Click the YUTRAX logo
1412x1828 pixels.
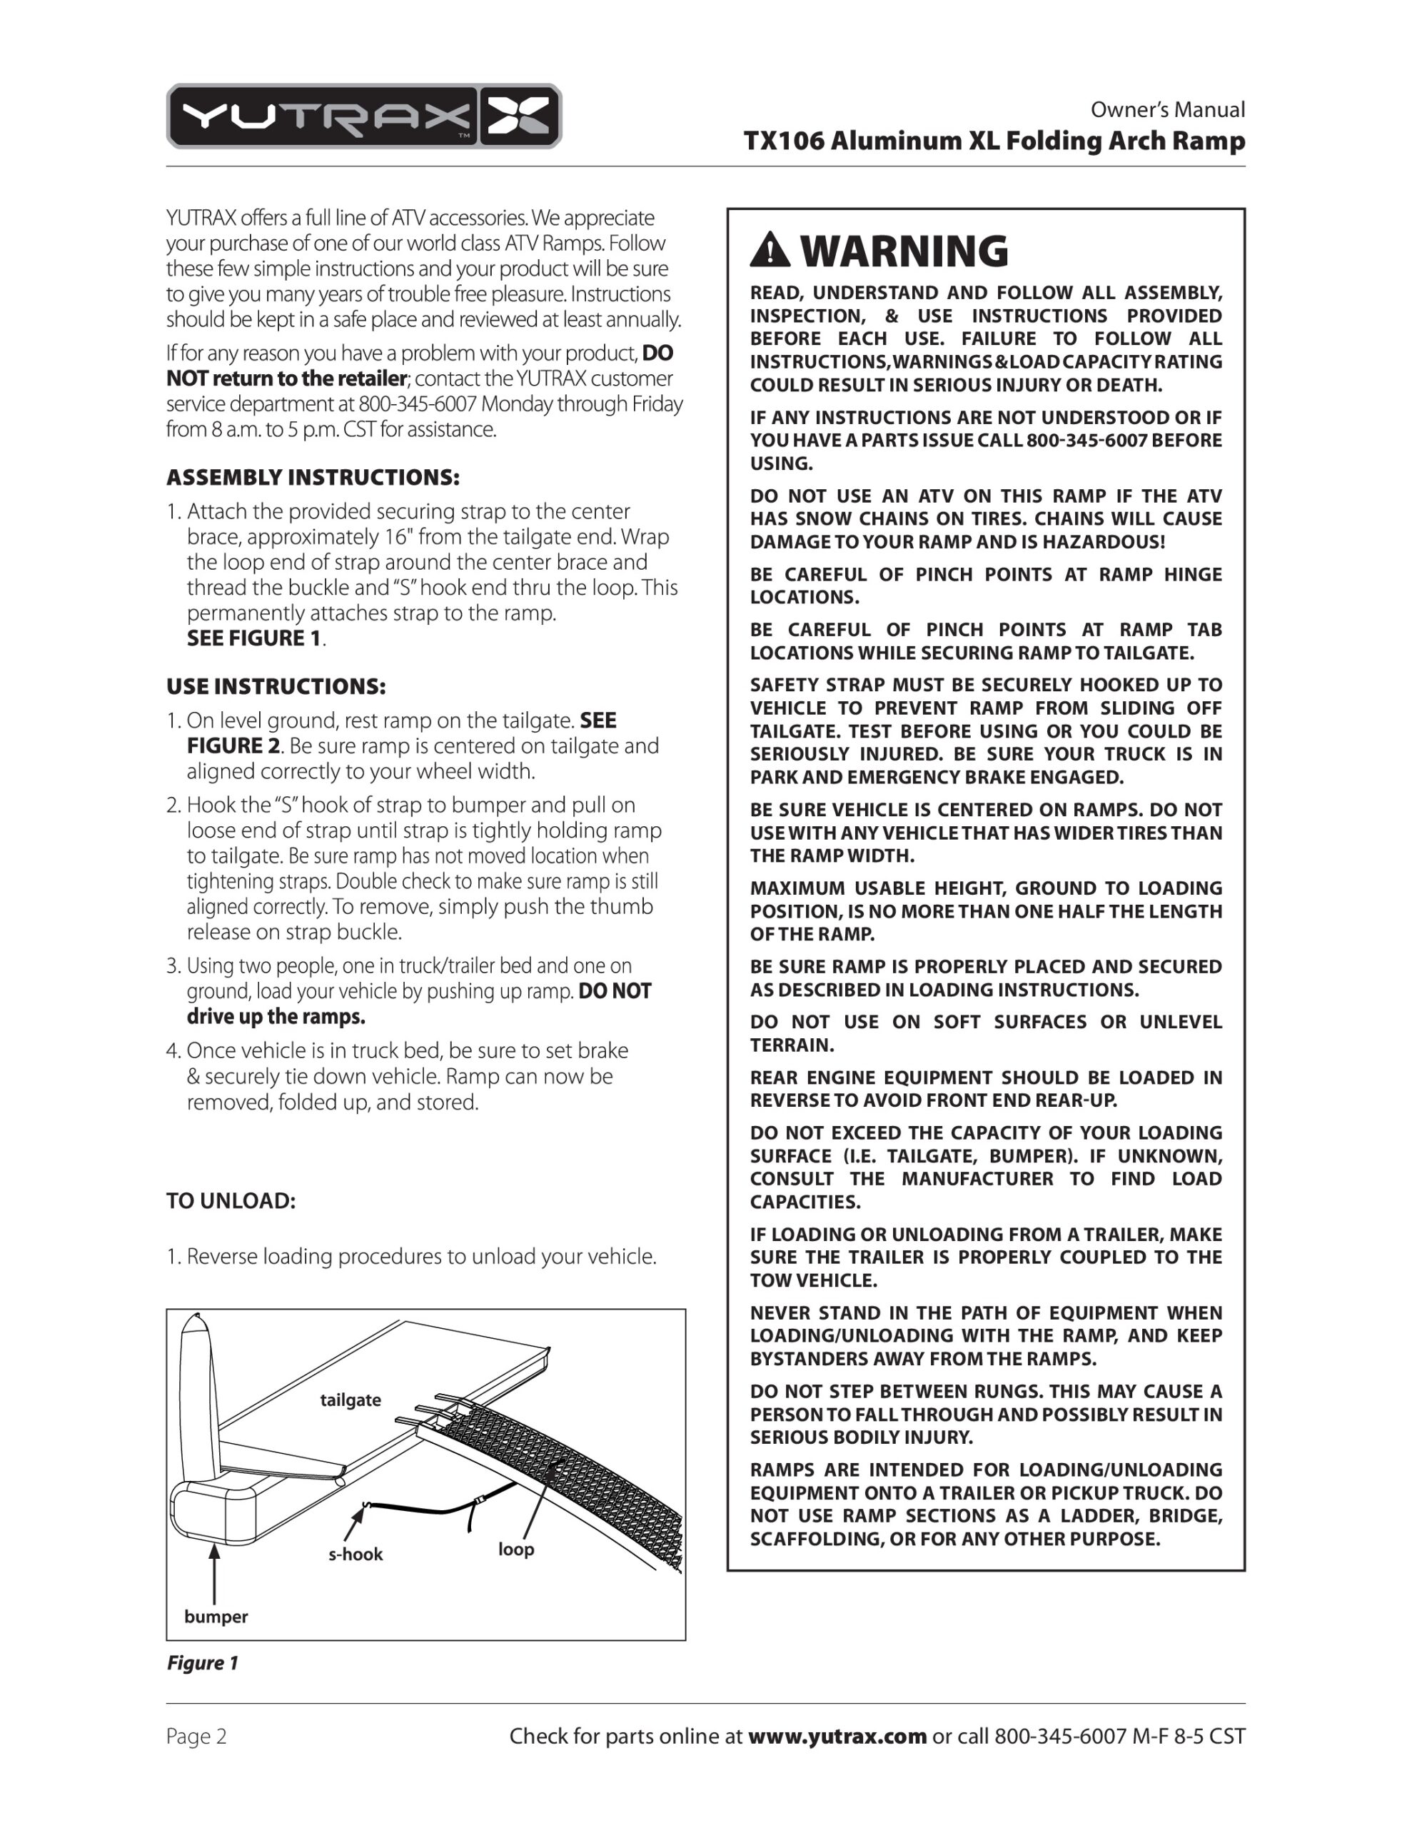363,116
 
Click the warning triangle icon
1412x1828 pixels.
770,250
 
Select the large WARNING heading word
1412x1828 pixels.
904,250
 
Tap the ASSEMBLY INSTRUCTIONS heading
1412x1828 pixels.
313,478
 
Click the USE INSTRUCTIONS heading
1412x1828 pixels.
276,687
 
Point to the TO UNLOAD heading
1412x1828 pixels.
231,1201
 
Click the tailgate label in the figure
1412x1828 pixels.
351,1400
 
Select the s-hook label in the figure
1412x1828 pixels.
355,1555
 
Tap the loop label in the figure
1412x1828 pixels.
515,1550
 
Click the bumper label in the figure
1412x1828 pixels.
216,1616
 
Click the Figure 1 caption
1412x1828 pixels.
203,1662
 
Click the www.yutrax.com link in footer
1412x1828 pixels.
836,1737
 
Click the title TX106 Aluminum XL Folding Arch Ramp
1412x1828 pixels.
994,141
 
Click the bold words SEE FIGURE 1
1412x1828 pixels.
253,638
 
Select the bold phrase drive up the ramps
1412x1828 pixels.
276,1017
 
